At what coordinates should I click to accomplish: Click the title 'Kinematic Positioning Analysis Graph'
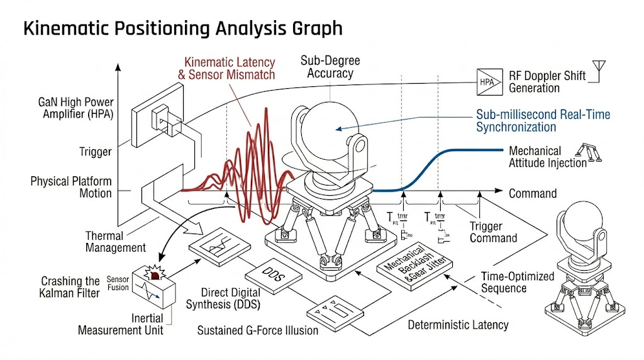click(182, 28)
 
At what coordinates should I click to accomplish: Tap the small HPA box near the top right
click(487, 82)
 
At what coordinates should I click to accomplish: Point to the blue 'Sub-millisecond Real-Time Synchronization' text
click(543, 121)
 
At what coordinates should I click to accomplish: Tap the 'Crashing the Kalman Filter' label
click(70, 287)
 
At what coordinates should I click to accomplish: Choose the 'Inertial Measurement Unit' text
click(121, 324)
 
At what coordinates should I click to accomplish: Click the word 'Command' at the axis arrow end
click(533, 193)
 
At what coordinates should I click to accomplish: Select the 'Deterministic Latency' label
click(458, 325)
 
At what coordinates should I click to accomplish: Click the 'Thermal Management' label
click(116, 242)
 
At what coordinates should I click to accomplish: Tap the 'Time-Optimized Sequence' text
click(518, 282)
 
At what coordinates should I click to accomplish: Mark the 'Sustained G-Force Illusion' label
click(258, 330)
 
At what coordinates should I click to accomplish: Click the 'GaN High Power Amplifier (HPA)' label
click(76, 108)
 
